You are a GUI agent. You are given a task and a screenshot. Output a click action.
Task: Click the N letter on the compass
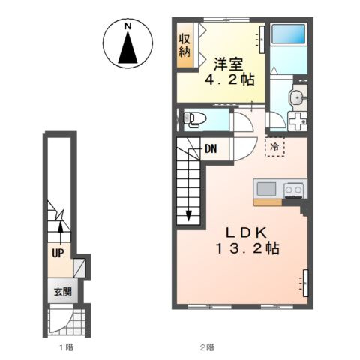pos(128,26)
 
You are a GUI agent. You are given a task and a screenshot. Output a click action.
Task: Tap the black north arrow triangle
pos(127,47)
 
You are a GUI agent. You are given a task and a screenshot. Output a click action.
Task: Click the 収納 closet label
pos(184,45)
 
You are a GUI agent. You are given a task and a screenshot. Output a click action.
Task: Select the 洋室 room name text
pos(228,64)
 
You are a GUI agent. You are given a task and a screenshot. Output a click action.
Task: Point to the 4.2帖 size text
pos(229,79)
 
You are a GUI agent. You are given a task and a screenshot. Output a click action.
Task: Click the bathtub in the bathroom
pos(289,34)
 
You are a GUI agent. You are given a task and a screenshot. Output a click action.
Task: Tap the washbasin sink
pos(296,96)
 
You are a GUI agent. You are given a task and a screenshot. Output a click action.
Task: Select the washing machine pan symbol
pos(297,121)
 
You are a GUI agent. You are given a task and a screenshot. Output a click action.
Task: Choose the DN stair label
pos(211,149)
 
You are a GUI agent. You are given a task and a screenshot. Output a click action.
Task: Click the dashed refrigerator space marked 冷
pos(274,147)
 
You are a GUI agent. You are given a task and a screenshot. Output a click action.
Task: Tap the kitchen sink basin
pos(266,189)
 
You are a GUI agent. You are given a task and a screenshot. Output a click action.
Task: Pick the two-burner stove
pos(294,190)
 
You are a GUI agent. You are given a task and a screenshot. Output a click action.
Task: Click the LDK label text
pos(246,233)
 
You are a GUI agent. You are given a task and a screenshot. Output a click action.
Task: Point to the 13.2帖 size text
pos(247,248)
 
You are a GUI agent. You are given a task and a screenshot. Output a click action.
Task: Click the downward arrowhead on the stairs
pos(188,216)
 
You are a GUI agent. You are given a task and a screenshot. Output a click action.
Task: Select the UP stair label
pos(58,253)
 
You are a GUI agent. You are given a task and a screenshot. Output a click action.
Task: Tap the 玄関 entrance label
pos(63,291)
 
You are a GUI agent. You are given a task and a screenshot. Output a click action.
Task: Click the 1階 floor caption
pos(66,347)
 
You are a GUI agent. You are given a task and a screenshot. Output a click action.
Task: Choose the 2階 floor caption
pos(207,347)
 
